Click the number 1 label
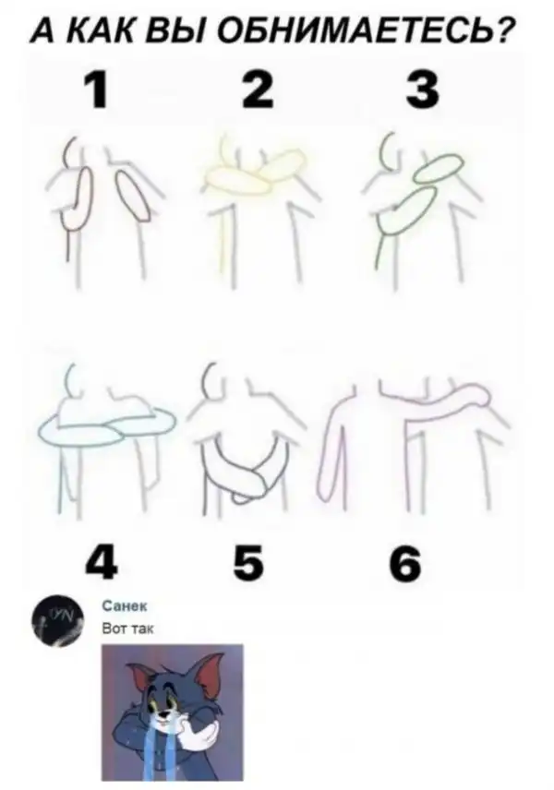(96, 90)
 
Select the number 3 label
(423, 90)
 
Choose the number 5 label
(249, 562)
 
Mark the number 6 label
(404, 563)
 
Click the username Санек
(125, 606)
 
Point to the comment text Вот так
(128, 628)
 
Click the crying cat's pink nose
(163, 713)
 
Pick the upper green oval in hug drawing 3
(438, 166)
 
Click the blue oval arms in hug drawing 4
(107, 427)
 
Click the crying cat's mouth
(163, 723)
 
